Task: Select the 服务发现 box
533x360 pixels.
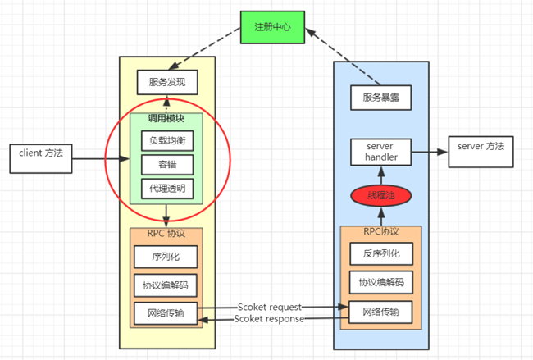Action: click(167, 83)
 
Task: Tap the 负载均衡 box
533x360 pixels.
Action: click(167, 139)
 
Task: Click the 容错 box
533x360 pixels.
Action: click(167, 164)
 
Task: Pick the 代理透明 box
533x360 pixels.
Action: click(167, 189)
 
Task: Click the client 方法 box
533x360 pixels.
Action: click(39, 154)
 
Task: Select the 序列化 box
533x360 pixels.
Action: click(167, 257)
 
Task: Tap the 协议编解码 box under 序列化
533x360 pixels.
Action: click(167, 285)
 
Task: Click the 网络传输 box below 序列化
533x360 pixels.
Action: click(167, 312)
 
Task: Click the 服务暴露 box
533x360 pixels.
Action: click(380, 98)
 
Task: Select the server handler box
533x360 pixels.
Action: click(380, 151)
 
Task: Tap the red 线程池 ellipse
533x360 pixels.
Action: click(380, 197)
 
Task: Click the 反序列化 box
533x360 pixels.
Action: click(380, 255)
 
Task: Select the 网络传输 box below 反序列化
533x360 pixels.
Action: click(380, 312)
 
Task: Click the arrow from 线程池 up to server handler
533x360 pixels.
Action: click(380, 175)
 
